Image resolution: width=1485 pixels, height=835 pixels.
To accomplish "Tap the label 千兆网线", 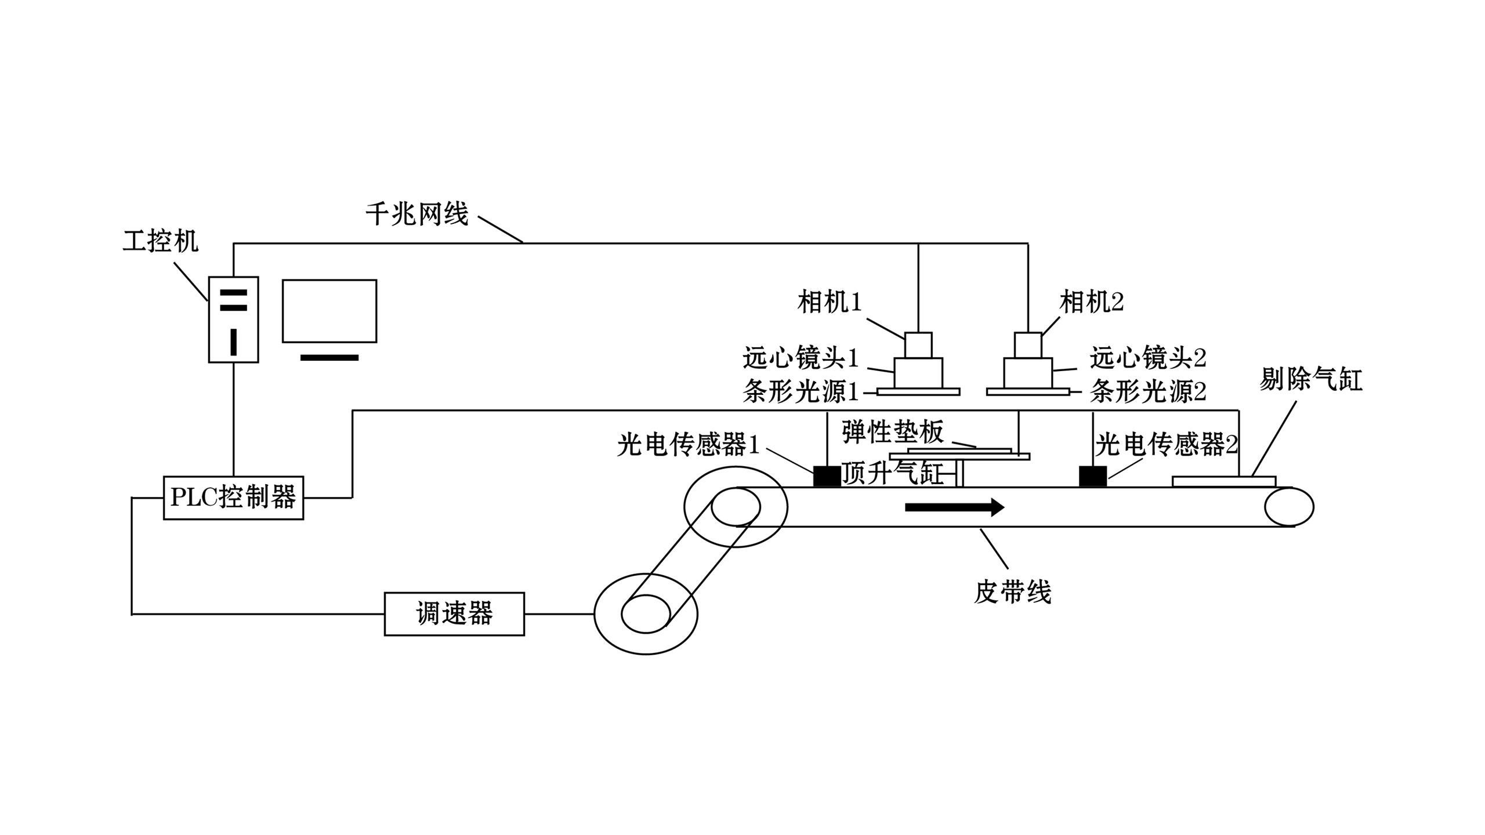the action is pos(417,214).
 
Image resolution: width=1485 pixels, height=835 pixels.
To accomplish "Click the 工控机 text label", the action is pos(161,241).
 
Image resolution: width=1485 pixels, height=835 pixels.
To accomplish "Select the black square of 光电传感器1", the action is pos(827,476).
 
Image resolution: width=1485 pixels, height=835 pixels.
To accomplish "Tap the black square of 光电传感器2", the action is pos(1093,476).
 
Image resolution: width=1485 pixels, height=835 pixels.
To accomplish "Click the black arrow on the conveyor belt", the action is pos(955,507).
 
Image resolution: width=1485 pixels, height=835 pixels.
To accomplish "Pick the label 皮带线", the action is pos(1012,592).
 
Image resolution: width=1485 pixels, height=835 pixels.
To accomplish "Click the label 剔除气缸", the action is pos(1310,380).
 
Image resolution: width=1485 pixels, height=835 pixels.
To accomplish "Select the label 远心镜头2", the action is pos(1148,358).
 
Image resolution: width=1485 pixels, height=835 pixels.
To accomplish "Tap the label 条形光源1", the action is pos(801,392).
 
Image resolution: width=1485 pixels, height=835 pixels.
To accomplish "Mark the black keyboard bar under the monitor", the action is pos(329,358).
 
